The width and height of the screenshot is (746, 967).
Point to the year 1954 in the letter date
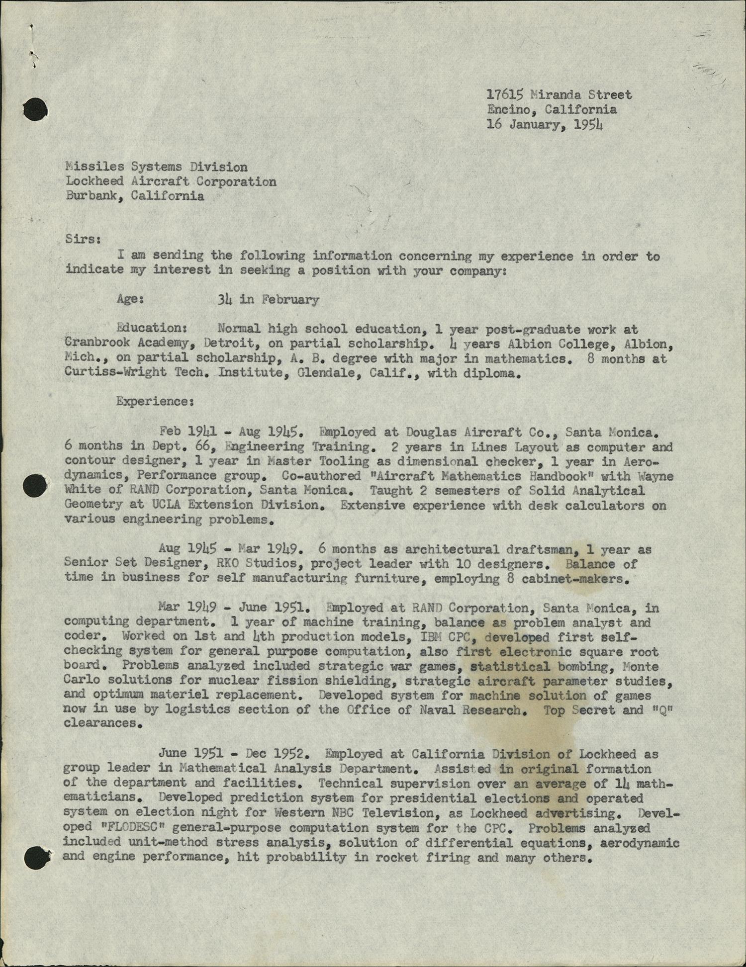click(x=588, y=124)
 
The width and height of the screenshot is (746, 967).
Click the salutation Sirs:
click(x=83, y=239)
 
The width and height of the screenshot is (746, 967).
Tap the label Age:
click(x=130, y=299)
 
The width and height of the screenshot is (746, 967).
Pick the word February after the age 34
click(x=290, y=299)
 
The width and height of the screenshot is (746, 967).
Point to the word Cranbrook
click(x=97, y=343)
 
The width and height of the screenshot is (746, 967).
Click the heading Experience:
click(x=155, y=401)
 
